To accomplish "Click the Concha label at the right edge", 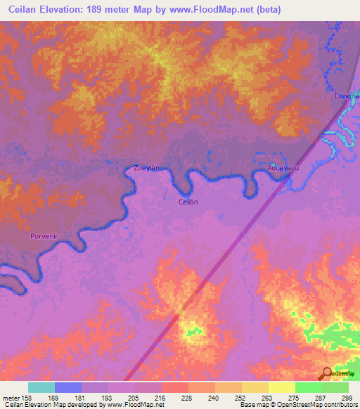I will click(347, 96).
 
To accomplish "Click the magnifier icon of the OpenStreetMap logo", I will click(326, 373).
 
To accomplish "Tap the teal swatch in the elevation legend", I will click(41, 387).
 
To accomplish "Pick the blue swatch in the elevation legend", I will click(68, 387).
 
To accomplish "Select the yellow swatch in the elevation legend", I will click(281, 387).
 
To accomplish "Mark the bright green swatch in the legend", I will click(308, 387).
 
